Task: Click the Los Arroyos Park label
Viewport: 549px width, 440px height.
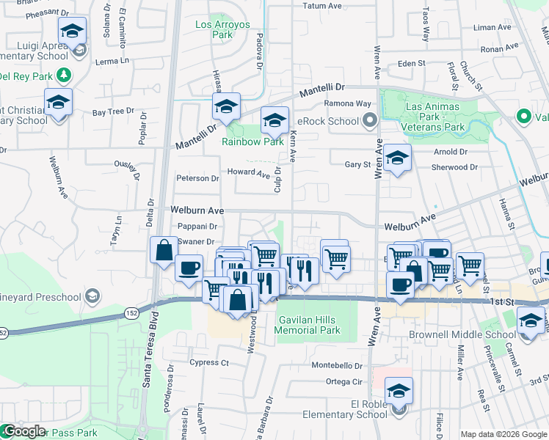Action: tap(223, 29)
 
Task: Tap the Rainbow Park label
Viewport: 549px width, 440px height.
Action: tap(252, 142)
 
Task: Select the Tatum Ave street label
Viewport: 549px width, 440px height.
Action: tap(323, 6)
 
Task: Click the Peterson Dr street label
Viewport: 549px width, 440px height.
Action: tap(197, 178)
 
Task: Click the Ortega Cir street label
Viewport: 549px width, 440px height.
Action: tap(344, 381)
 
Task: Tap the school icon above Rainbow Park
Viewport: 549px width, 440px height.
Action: tap(274, 120)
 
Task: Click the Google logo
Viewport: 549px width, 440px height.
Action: tap(23, 431)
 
